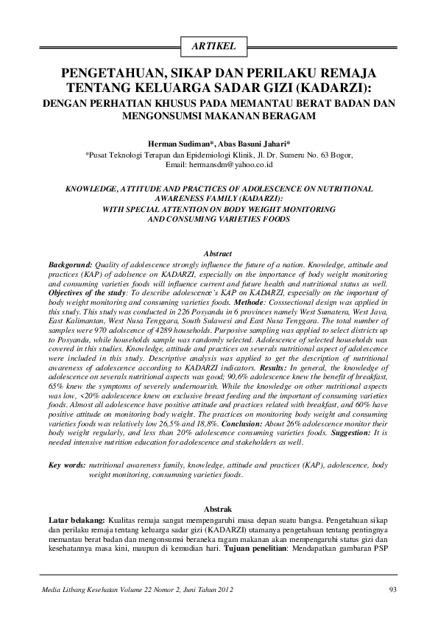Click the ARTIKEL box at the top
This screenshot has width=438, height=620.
pos(219,47)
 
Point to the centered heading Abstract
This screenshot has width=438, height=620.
pos(219,253)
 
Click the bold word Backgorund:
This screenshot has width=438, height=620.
pos(70,263)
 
